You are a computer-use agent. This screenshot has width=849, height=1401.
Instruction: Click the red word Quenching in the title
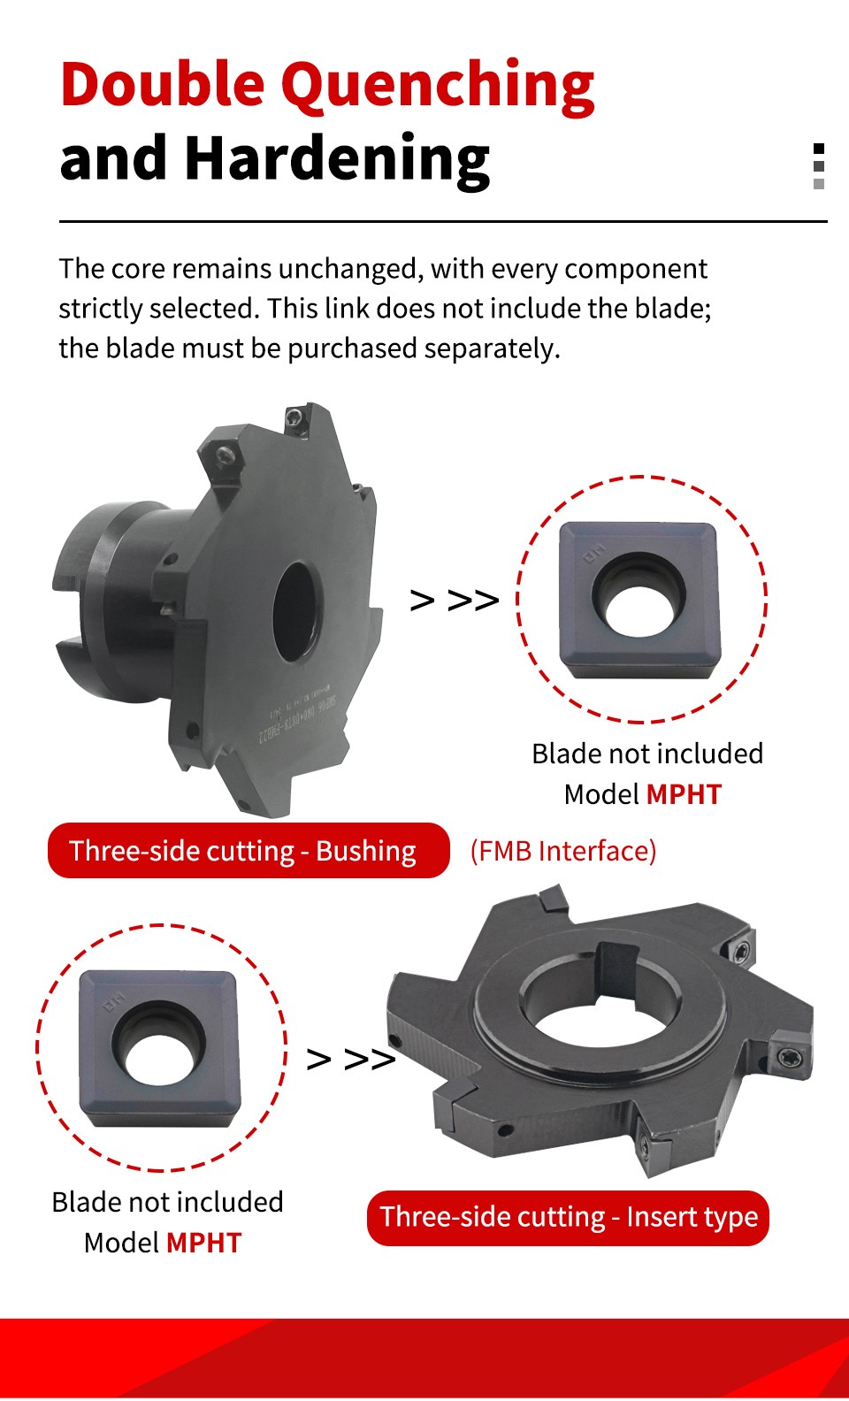pos(438,86)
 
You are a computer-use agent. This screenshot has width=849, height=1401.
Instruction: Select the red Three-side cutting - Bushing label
pos(249,851)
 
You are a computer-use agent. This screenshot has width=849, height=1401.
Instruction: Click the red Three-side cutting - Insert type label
pos(569,1217)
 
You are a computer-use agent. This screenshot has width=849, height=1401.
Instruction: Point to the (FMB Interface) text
pos(563,851)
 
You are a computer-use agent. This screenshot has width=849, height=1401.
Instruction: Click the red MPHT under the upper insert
pos(684,794)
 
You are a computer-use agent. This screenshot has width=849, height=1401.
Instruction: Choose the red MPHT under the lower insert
pos(203,1243)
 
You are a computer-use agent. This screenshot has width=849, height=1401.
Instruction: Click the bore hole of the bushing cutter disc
pos(295,611)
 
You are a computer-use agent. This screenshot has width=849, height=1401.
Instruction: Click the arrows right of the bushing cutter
pos(455,601)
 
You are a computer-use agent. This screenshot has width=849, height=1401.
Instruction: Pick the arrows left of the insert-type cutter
pos(350,1059)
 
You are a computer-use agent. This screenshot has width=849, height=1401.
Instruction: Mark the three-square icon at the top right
pos(819,166)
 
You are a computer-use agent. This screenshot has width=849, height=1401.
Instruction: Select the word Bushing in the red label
pos(366,851)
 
